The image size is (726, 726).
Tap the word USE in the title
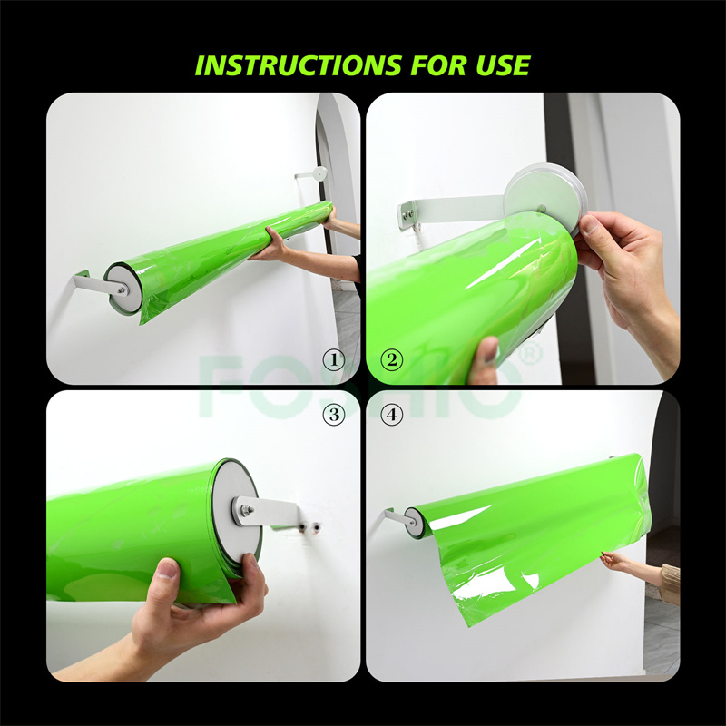(503, 65)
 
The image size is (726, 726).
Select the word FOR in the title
(437, 65)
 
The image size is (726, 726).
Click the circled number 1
(334, 360)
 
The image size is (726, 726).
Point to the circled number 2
(392, 359)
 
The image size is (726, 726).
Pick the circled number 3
(334, 415)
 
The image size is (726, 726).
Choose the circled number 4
(392, 415)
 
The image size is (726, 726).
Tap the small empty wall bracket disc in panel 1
(319, 173)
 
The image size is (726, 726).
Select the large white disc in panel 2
(546, 197)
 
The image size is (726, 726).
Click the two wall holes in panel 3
(309, 526)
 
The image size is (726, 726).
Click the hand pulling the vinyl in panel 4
(613, 560)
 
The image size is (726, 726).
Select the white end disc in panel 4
(413, 522)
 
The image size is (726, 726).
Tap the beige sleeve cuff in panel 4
(670, 584)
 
